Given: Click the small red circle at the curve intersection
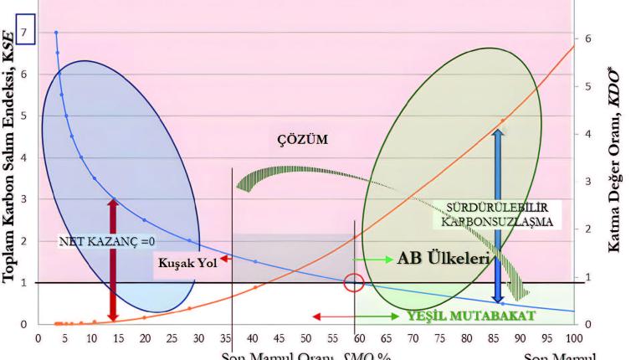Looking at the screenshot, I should coord(354,282).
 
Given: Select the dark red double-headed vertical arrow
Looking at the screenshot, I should coord(113,259).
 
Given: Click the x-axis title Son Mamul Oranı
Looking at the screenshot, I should coord(305,355).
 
